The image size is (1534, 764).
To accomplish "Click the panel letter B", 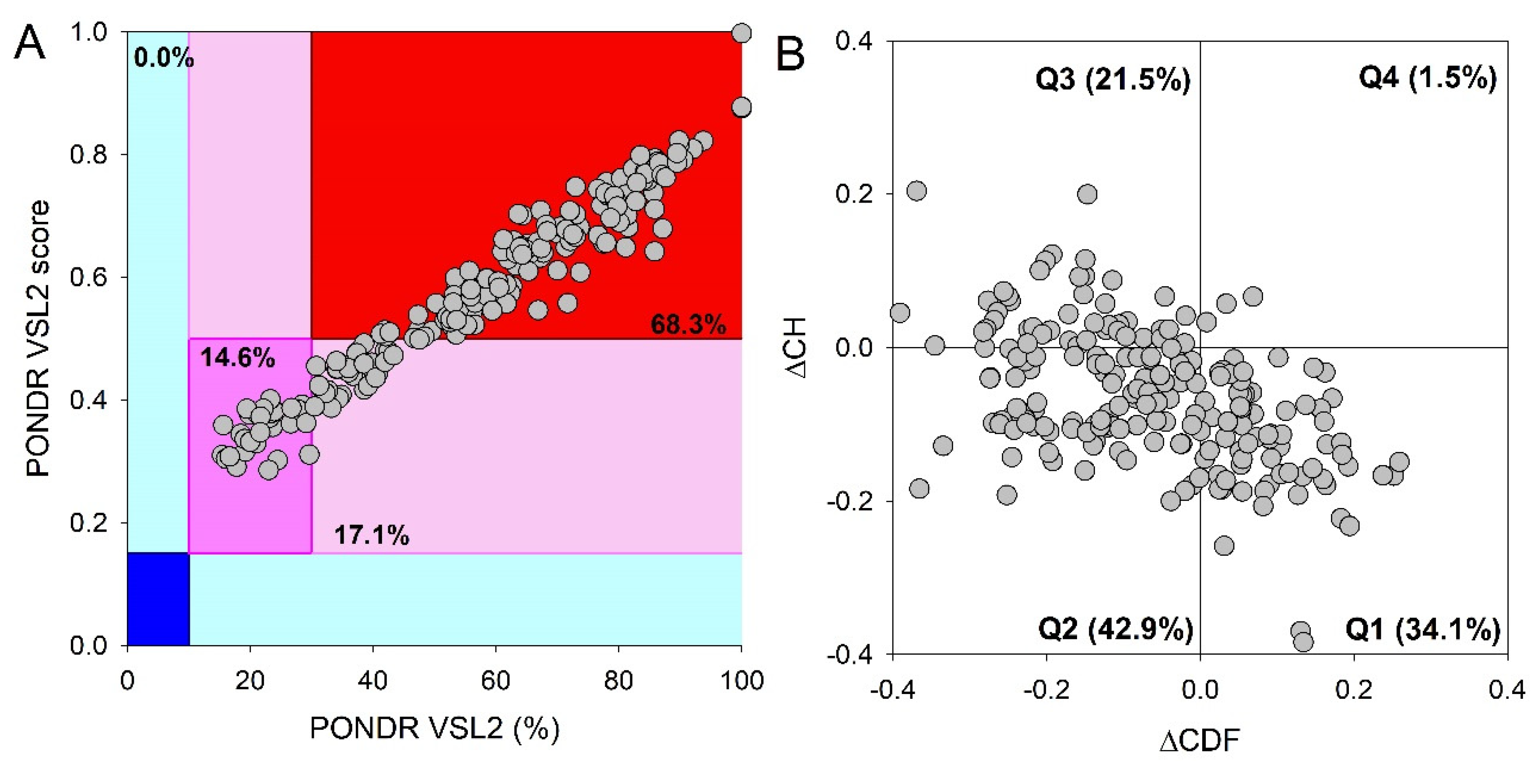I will [x=791, y=53].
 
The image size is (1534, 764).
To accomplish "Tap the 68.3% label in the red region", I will [x=688, y=325].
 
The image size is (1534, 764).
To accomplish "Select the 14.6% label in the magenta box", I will [x=238, y=357].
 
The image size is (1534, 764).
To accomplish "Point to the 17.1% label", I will [x=372, y=535].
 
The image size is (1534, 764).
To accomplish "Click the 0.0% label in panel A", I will [x=163, y=58].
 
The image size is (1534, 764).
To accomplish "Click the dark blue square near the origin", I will [x=158, y=599].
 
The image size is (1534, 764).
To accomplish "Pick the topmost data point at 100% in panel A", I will [x=741, y=33].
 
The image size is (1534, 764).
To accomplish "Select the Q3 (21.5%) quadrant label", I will [x=1113, y=79].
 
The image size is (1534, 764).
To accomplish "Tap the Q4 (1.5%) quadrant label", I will [x=1427, y=77].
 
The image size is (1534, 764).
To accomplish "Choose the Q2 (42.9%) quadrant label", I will [x=1115, y=629].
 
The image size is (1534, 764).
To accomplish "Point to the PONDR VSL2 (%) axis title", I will [x=435, y=728].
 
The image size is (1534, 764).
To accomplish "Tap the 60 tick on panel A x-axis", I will [x=495, y=680].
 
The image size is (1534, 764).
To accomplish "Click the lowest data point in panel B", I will [x=1303, y=642].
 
